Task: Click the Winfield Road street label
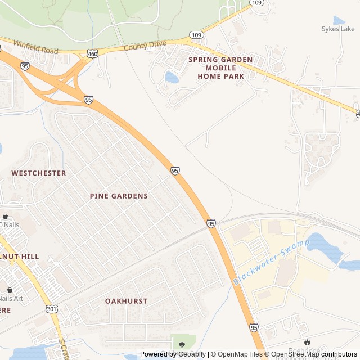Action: (x=35, y=47)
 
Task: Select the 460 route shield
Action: (x=92, y=54)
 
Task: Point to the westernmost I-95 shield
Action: (x=24, y=66)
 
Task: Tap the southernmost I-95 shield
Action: (x=254, y=327)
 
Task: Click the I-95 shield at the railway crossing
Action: (x=211, y=223)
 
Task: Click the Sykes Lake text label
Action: (x=338, y=29)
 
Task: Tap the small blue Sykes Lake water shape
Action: (x=339, y=21)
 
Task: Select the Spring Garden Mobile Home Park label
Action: (x=220, y=67)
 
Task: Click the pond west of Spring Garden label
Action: (x=172, y=77)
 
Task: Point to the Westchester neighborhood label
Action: (x=39, y=173)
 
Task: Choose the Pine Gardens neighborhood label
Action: (x=119, y=196)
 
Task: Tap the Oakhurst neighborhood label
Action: (x=126, y=301)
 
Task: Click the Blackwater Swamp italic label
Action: (x=271, y=262)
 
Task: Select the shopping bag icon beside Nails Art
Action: (x=10, y=290)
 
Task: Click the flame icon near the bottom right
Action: (x=307, y=342)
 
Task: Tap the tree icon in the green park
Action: (x=182, y=344)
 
